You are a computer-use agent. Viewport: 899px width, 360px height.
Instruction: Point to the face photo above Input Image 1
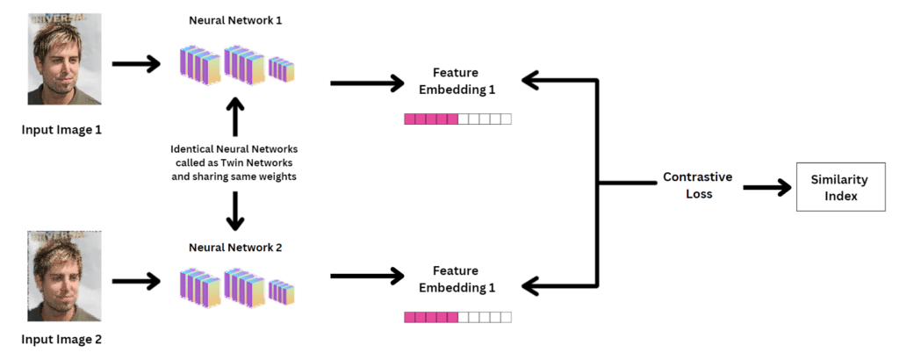click(x=60, y=62)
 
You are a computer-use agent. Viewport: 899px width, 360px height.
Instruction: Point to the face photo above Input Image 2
click(x=60, y=277)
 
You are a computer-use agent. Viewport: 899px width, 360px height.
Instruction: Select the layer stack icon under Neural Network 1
click(x=238, y=66)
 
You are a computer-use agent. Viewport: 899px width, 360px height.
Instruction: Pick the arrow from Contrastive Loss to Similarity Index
click(x=766, y=187)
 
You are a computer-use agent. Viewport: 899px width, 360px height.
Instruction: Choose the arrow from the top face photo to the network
click(x=136, y=63)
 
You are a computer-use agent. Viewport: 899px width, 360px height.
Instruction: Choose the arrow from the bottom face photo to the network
click(x=136, y=280)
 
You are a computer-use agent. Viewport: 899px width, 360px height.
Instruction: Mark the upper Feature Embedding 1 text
click(x=457, y=82)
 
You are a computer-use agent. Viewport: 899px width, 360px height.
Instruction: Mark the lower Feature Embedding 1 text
click(x=457, y=279)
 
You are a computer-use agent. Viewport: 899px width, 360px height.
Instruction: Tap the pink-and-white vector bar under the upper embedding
click(x=457, y=119)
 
